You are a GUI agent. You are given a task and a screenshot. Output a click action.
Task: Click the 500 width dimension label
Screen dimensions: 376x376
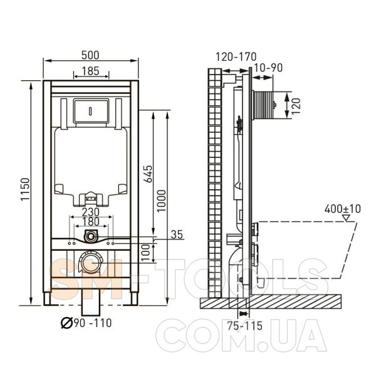click(x=90, y=55)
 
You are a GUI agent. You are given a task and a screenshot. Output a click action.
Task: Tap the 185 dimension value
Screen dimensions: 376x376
click(x=90, y=71)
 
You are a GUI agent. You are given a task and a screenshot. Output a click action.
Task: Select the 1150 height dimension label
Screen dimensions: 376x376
click(x=25, y=189)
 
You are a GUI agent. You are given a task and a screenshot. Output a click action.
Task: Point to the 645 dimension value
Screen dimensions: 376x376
click(x=148, y=174)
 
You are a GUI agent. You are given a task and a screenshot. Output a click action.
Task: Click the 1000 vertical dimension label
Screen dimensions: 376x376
click(x=162, y=201)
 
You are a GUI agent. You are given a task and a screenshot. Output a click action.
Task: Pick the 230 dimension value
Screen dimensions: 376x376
click(x=91, y=212)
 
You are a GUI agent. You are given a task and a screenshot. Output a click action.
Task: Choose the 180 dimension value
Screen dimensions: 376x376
click(x=91, y=222)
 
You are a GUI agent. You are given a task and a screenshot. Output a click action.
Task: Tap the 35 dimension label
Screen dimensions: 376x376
click(x=177, y=234)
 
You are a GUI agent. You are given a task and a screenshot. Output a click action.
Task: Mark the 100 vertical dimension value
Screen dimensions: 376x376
click(x=145, y=253)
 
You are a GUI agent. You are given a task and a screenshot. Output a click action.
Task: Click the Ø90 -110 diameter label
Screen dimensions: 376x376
click(x=86, y=323)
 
